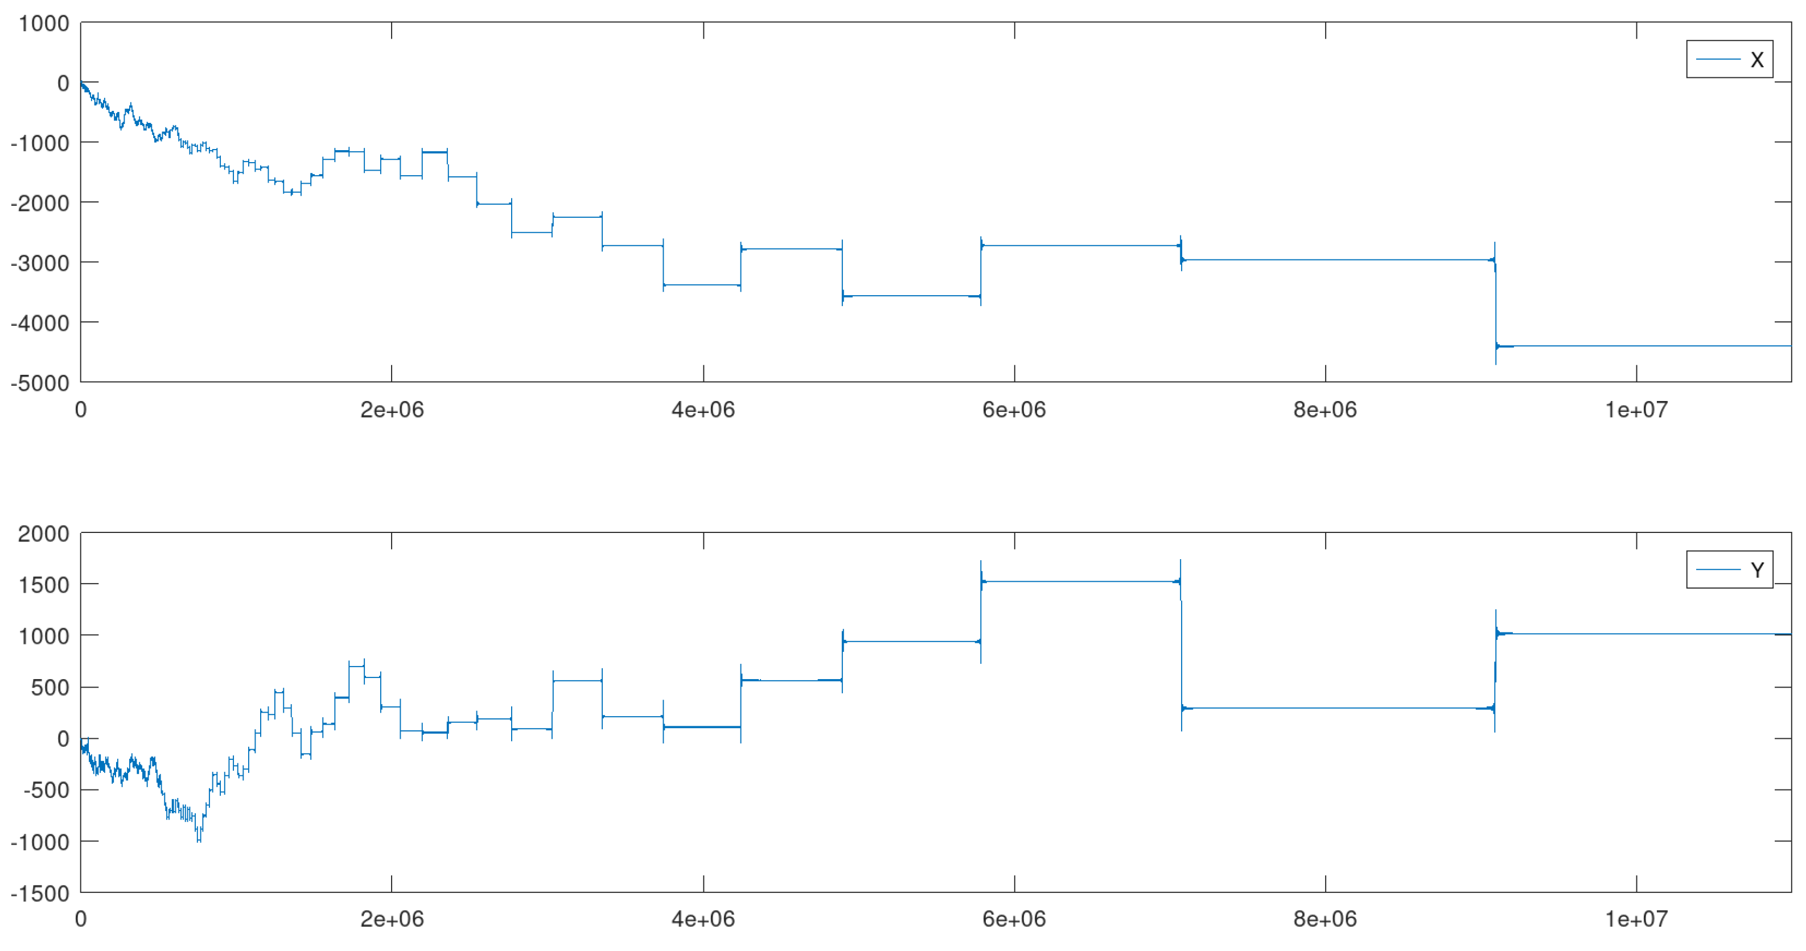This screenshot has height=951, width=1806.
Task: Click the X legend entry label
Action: point(1756,60)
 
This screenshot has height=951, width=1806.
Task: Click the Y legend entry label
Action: point(1756,570)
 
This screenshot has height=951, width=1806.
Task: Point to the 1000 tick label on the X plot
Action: point(43,23)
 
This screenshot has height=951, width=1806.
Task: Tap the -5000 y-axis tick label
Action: point(40,383)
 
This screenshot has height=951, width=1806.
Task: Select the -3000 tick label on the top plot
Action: point(40,263)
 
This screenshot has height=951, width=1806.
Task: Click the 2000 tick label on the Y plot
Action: point(43,534)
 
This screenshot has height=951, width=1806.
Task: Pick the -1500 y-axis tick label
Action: point(40,894)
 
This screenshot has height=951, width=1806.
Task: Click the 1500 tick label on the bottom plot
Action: point(43,585)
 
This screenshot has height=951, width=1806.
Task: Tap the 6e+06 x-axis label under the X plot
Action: point(1014,410)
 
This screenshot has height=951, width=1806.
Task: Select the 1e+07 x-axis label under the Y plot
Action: point(1636,920)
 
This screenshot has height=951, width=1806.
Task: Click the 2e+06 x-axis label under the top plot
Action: point(392,410)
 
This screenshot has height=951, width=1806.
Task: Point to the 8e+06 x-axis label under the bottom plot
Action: point(1325,920)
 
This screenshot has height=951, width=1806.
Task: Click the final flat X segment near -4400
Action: point(1648,345)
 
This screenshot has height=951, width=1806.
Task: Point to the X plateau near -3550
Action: point(911,296)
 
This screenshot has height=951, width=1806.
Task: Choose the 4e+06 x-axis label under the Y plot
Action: point(703,920)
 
